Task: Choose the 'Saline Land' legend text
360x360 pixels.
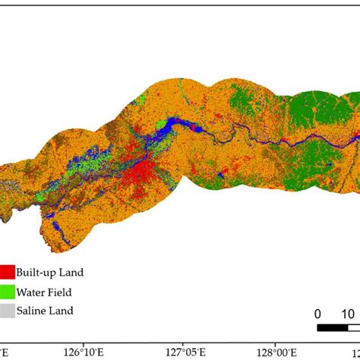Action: pyautogui.click(x=47, y=310)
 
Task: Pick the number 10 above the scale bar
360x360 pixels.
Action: pyautogui.click(x=348, y=314)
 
